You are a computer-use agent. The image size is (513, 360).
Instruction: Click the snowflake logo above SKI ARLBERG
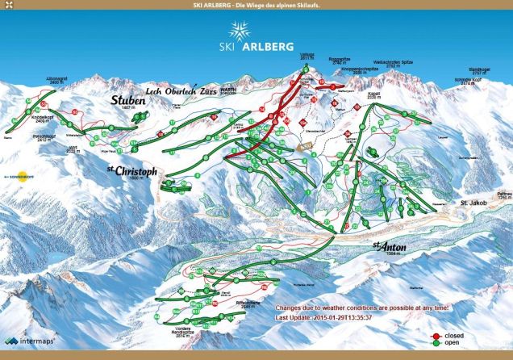pos(239,31)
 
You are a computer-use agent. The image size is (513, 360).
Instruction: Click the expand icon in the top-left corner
pos(7,7)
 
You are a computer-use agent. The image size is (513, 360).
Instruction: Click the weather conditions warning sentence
pos(362,308)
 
